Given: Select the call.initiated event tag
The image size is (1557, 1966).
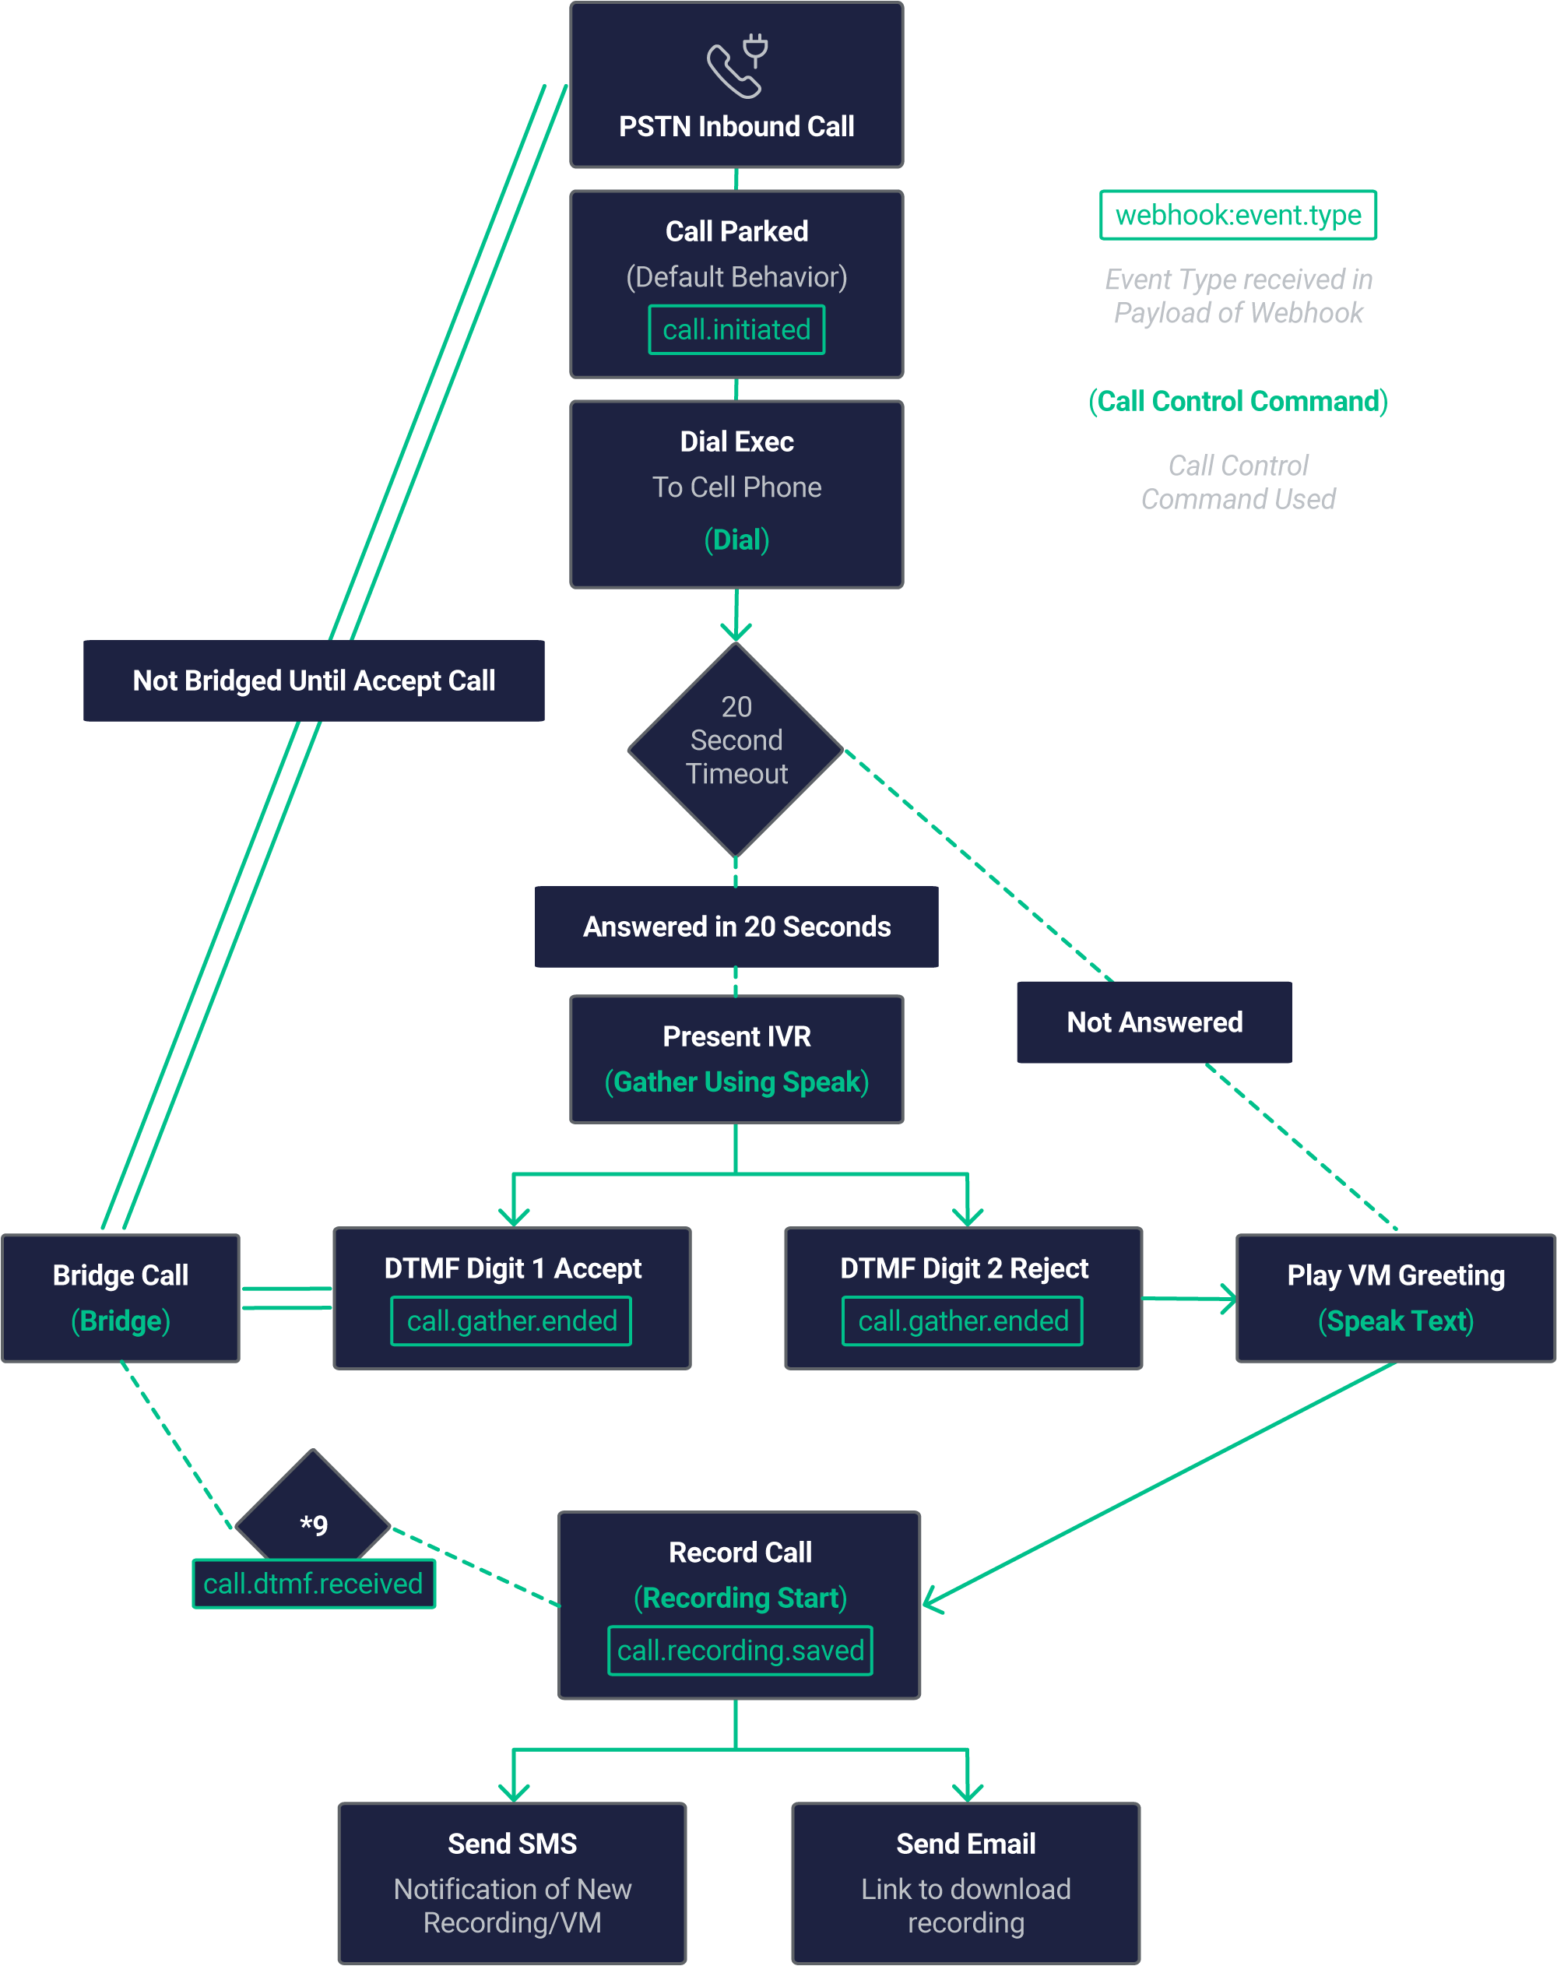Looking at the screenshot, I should click(736, 329).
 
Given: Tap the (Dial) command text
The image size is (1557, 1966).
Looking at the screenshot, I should click(736, 540).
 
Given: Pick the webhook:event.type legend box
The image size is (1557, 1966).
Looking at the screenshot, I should click(1237, 215).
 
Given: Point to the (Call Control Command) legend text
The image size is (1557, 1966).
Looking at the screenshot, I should click(1237, 401).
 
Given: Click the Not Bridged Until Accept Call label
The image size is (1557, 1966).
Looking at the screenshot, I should click(314, 681).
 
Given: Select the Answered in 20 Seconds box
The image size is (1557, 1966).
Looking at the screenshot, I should click(736, 927).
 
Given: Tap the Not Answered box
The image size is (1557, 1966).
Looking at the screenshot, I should click(1154, 1022).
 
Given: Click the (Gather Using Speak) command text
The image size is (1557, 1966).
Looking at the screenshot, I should click(736, 1082).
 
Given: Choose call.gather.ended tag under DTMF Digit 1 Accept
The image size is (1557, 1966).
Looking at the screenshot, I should click(511, 1321).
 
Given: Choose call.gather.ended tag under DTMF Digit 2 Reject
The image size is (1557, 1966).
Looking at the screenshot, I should click(963, 1321).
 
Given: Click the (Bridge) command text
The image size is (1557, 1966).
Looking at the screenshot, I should click(121, 1321).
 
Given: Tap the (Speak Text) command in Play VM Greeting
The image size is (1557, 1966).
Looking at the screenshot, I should click(1395, 1321).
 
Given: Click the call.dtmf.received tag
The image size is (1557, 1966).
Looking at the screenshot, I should click(313, 1584).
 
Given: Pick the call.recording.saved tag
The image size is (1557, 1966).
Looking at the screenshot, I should click(740, 1651).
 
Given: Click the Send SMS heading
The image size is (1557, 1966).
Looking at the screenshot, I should click(511, 1844).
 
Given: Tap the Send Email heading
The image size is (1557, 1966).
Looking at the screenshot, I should click(965, 1844).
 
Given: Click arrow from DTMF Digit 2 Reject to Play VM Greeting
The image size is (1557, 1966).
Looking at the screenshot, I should click(1190, 1299).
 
